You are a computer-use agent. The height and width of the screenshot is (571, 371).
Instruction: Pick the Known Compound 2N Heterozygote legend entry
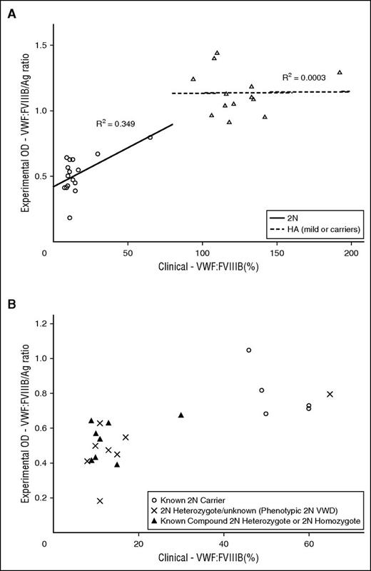(256, 523)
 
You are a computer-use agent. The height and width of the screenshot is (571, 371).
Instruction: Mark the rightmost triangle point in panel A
(340, 72)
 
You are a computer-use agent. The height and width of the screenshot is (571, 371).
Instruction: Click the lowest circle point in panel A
(69, 218)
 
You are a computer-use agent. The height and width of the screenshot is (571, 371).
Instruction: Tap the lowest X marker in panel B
(100, 501)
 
